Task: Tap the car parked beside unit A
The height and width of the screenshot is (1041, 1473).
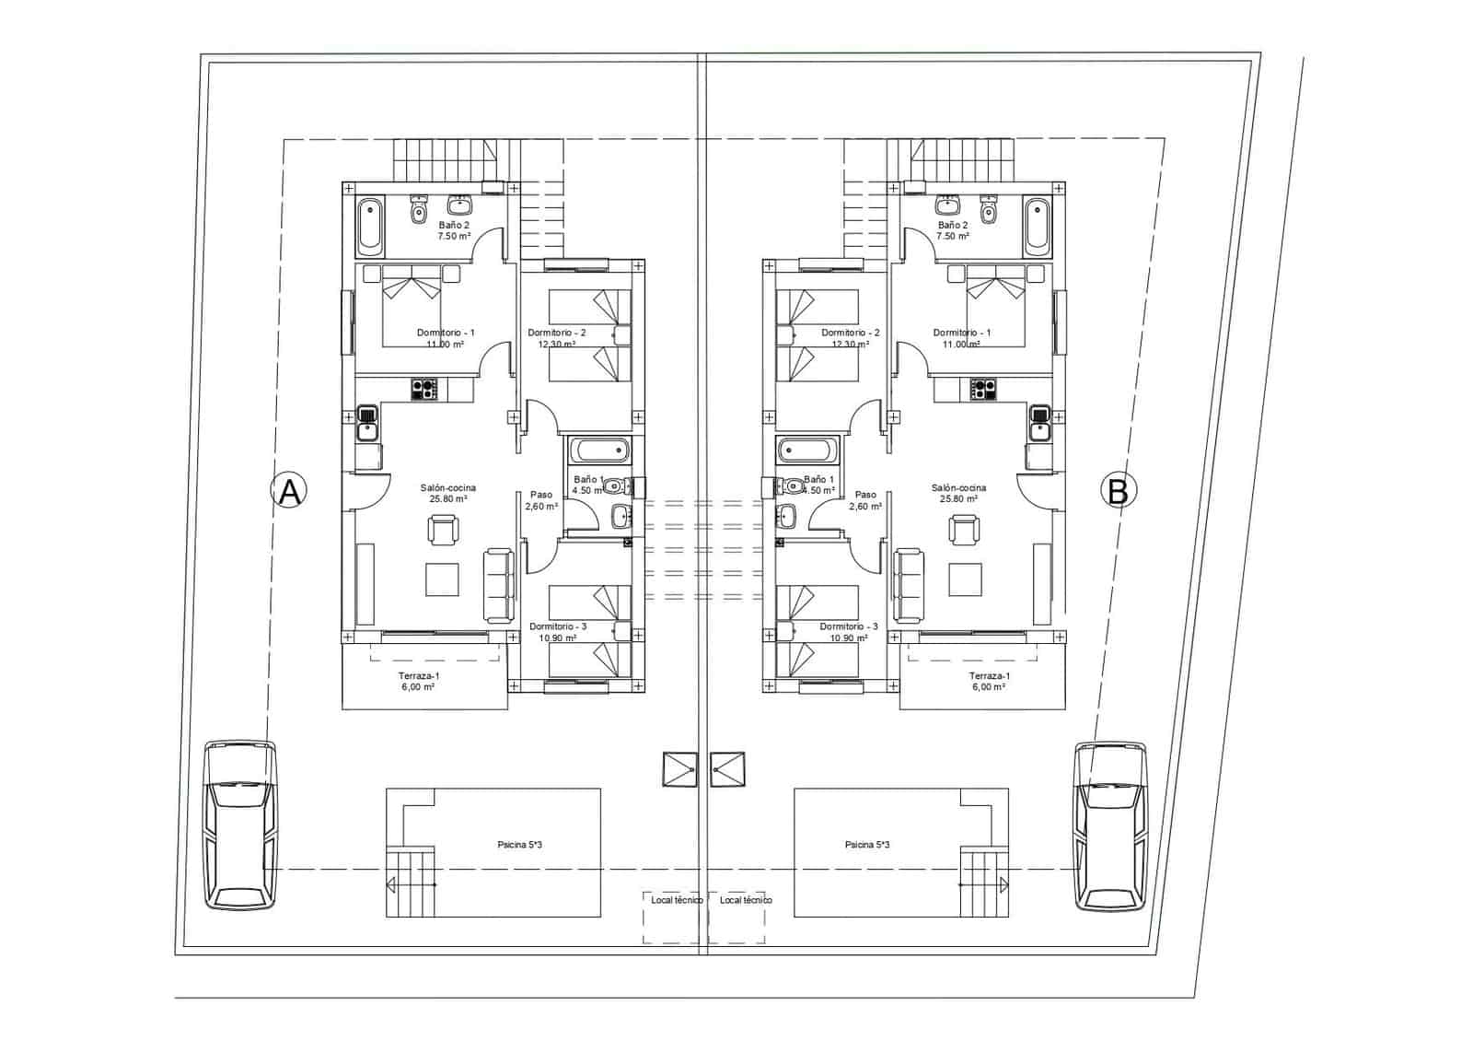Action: click(x=239, y=825)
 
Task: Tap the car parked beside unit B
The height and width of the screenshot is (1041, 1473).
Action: click(x=1111, y=825)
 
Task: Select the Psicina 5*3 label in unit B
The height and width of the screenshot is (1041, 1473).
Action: click(x=866, y=844)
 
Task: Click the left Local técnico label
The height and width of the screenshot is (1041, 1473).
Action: click(x=677, y=900)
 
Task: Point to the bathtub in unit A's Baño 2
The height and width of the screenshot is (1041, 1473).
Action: click(x=370, y=226)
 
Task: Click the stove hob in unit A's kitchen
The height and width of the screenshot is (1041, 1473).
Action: click(x=424, y=390)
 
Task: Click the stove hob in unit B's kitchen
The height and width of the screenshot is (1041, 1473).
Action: click(x=983, y=390)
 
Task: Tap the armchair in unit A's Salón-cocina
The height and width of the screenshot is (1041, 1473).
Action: click(x=443, y=530)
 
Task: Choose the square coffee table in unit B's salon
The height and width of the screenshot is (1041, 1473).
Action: click(x=966, y=579)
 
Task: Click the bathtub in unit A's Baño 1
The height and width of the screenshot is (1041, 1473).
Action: click(x=599, y=452)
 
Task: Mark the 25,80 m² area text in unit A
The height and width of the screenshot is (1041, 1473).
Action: click(x=448, y=499)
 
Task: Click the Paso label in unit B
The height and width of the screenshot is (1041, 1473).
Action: click(x=865, y=495)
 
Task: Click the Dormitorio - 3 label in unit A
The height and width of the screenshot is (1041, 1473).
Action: click(x=558, y=626)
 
